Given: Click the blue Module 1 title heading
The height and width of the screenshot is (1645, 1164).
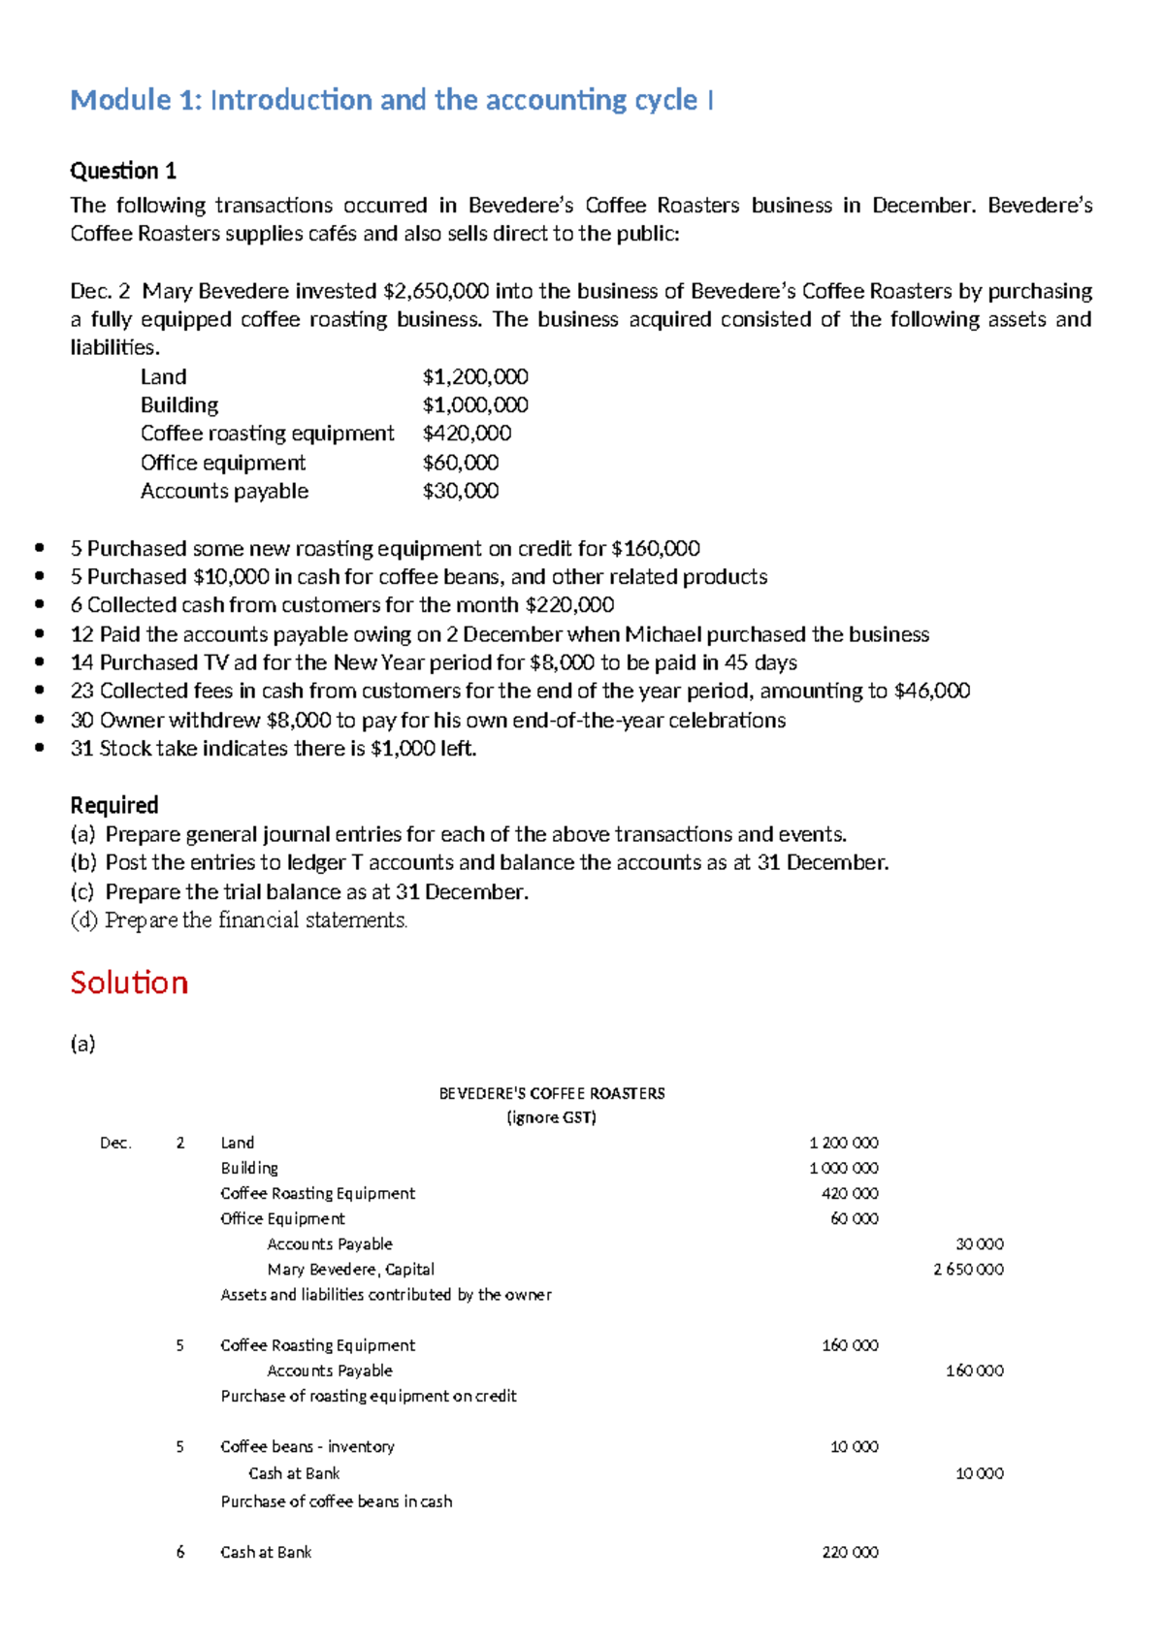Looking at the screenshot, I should (x=392, y=100).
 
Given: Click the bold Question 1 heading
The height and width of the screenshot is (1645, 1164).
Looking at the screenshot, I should (x=123, y=171).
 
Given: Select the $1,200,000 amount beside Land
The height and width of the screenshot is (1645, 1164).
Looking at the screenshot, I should (x=475, y=376).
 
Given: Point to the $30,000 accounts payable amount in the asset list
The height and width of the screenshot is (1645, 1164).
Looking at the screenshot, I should (x=461, y=491).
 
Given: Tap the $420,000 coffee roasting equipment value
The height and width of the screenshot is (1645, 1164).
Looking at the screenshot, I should (x=467, y=433).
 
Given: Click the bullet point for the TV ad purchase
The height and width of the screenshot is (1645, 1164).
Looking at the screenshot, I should (x=39, y=662).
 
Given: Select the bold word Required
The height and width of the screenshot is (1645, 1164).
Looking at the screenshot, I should (x=113, y=805).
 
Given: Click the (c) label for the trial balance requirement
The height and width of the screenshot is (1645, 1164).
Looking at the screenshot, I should (x=83, y=891).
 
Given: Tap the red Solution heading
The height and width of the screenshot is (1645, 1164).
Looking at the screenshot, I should (x=129, y=983).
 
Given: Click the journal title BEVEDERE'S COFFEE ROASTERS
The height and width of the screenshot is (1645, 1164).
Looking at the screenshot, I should (x=551, y=1093).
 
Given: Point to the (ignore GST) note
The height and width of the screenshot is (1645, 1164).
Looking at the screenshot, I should (x=551, y=1117).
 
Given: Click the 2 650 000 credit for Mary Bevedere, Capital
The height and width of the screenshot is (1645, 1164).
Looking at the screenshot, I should (x=968, y=1269).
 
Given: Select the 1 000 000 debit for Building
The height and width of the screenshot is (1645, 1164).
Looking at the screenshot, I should (x=844, y=1168).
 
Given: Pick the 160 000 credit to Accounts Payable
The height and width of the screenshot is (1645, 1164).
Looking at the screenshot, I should (x=974, y=1371).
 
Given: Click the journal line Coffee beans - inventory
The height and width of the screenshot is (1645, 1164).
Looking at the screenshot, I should (x=307, y=1446).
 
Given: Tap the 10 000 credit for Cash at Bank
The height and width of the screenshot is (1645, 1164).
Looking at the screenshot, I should (x=979, y=1473).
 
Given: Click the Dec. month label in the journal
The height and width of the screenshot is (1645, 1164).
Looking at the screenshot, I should (x=115, y=1143).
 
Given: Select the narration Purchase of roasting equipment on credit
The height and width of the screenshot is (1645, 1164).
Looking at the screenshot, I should (x=368, y=1396).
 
